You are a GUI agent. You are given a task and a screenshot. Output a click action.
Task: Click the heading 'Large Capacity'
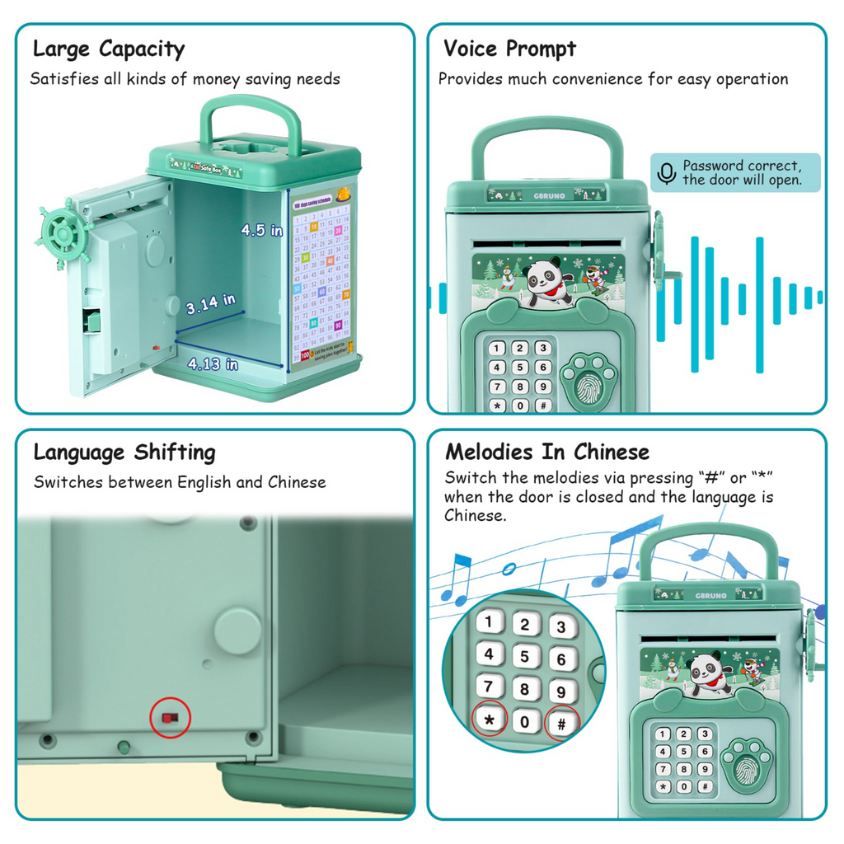(108, 49)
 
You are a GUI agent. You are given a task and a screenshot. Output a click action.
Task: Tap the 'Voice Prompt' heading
(509, 49)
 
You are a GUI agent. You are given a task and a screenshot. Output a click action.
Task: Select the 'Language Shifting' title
(124, 452)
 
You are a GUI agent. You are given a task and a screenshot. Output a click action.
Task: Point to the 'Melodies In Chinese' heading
(547, 452)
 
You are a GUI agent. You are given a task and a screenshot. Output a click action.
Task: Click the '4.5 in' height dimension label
(261, 231)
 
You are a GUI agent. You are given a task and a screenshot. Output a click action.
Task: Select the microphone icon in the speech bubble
(666, 173)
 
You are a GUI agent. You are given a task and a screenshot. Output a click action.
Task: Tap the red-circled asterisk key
(490, 720)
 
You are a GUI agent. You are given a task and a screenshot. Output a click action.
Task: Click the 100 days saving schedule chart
(321, 277)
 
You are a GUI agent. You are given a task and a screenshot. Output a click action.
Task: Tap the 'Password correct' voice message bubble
(735, 173)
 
